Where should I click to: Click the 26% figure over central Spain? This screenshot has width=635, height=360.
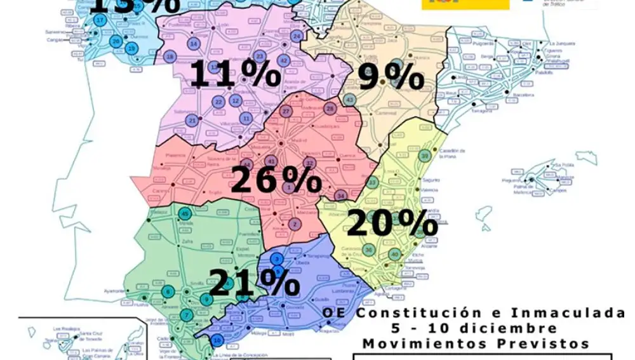[276, 180]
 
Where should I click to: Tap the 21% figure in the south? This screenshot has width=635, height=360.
[254, 283]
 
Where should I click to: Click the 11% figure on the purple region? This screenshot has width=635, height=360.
[235, 74]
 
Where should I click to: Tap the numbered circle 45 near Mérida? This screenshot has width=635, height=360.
[185, 213]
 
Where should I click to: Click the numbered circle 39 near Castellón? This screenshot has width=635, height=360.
[425, 156]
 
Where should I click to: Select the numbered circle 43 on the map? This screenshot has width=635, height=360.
[349, 100]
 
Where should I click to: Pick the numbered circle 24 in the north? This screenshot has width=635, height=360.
[297, 36]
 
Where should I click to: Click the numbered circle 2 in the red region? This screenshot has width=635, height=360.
[295, 223]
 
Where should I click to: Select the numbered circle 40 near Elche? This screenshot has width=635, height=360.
[394, 255]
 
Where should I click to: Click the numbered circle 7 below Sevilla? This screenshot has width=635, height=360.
[185, 315]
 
